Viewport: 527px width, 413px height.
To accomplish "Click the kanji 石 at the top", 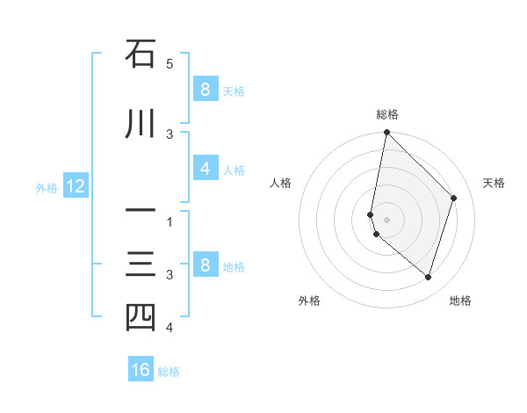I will [x=141, y=54].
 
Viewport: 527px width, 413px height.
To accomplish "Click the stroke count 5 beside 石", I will [x=170, y=64].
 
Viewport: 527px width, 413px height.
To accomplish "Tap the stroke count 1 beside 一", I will [x=170, y=222].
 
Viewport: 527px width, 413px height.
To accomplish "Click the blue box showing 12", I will [x=75, y=186].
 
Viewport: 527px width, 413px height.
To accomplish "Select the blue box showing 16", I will [x=141, y=370].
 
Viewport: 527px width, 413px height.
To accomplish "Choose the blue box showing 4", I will [x=205, y=170].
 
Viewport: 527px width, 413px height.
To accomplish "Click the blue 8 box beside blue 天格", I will [x=205, y=90].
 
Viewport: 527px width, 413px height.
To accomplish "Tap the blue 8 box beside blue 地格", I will [x=205, y=265].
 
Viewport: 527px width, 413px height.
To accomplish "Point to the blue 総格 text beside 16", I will [x=169, y=371].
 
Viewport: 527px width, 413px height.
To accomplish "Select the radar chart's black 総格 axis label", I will [x=387, y=114].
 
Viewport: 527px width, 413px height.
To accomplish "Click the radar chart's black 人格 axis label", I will [x=280, y=183].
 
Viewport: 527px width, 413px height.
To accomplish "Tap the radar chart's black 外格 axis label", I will [x=308, y=301].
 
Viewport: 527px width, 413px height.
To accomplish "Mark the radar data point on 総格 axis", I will [x=386, y=133].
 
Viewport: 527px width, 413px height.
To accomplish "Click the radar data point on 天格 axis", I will [x=454, y=198].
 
